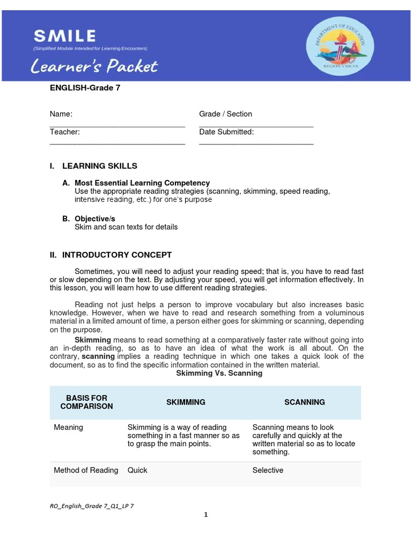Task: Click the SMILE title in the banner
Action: pyautogui.click(x=65, y=36)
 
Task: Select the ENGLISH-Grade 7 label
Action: pyautogui.click(x=85, y=88)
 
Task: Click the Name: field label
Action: pyautogui.click(x=61, y=114)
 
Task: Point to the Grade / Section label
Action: pyautogui.click(x=225, y=114)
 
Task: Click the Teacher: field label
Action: pyautogui.click(x=65, y=132)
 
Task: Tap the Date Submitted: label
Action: pyautogui.click(x=226, y=132)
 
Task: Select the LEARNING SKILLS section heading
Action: pyautogui.click(x=100, y=166)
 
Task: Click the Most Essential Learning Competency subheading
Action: pyautogui.click(x=142, y=183)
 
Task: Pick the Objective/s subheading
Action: pyautogui.click(x=95, y=219)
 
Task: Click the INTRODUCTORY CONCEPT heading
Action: pyautogui.click(x=117, y=255)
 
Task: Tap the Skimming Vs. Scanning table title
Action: pyautogui.click(x=219, y=373)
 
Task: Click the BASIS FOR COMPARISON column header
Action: pyautogui.click(x=86, y=402)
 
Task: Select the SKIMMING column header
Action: pyautogui.click(x=186, y=402)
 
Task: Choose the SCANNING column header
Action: pyautogui.click(x=304, y=402)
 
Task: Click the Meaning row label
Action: pyautogui.click(x=69, y=428)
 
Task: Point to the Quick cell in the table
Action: pyautogui.click(x=137, y=470)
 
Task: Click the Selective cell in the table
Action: pyautogui.click(x=268, y=470)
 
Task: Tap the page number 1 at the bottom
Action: pyautogui.click(x=205, y=515)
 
